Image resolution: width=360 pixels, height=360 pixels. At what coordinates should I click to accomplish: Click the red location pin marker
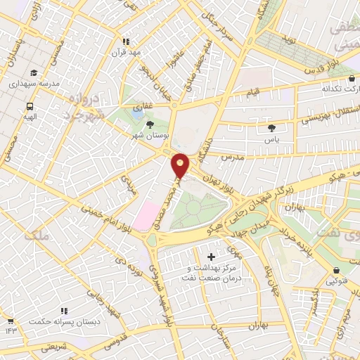181,166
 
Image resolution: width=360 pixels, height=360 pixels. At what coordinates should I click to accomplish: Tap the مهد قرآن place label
129,53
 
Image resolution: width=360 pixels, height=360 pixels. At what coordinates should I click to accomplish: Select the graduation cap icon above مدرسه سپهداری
34,72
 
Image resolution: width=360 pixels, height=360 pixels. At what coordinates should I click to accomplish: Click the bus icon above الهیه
30,106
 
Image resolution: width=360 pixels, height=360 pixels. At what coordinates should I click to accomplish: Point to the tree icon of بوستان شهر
150,124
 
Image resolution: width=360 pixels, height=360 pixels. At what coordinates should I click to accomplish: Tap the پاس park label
272,139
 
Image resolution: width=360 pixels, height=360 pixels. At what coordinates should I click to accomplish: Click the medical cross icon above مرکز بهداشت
212,257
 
